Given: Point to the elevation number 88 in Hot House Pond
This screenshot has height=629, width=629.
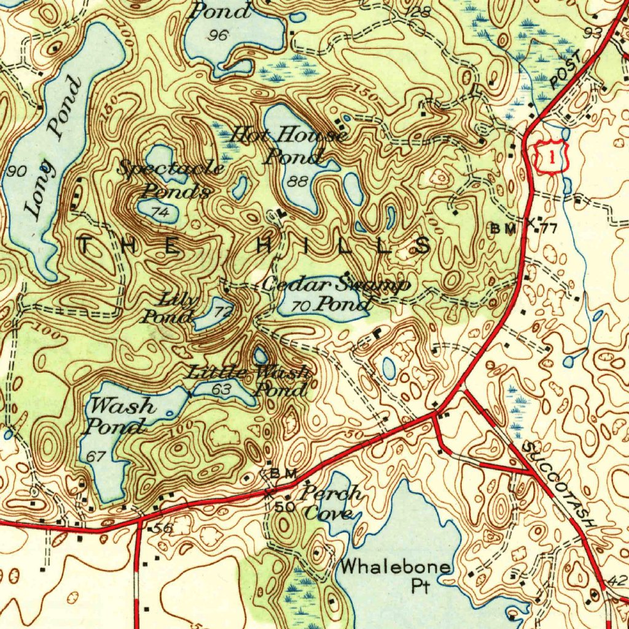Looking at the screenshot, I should point(299,181).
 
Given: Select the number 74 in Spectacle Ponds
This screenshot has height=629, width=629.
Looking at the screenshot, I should point(160,212).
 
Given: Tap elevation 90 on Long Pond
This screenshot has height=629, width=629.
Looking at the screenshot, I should point(17,171).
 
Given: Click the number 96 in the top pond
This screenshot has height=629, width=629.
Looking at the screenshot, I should point(217,36).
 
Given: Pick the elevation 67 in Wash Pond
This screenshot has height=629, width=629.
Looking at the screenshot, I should point(96,456).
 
